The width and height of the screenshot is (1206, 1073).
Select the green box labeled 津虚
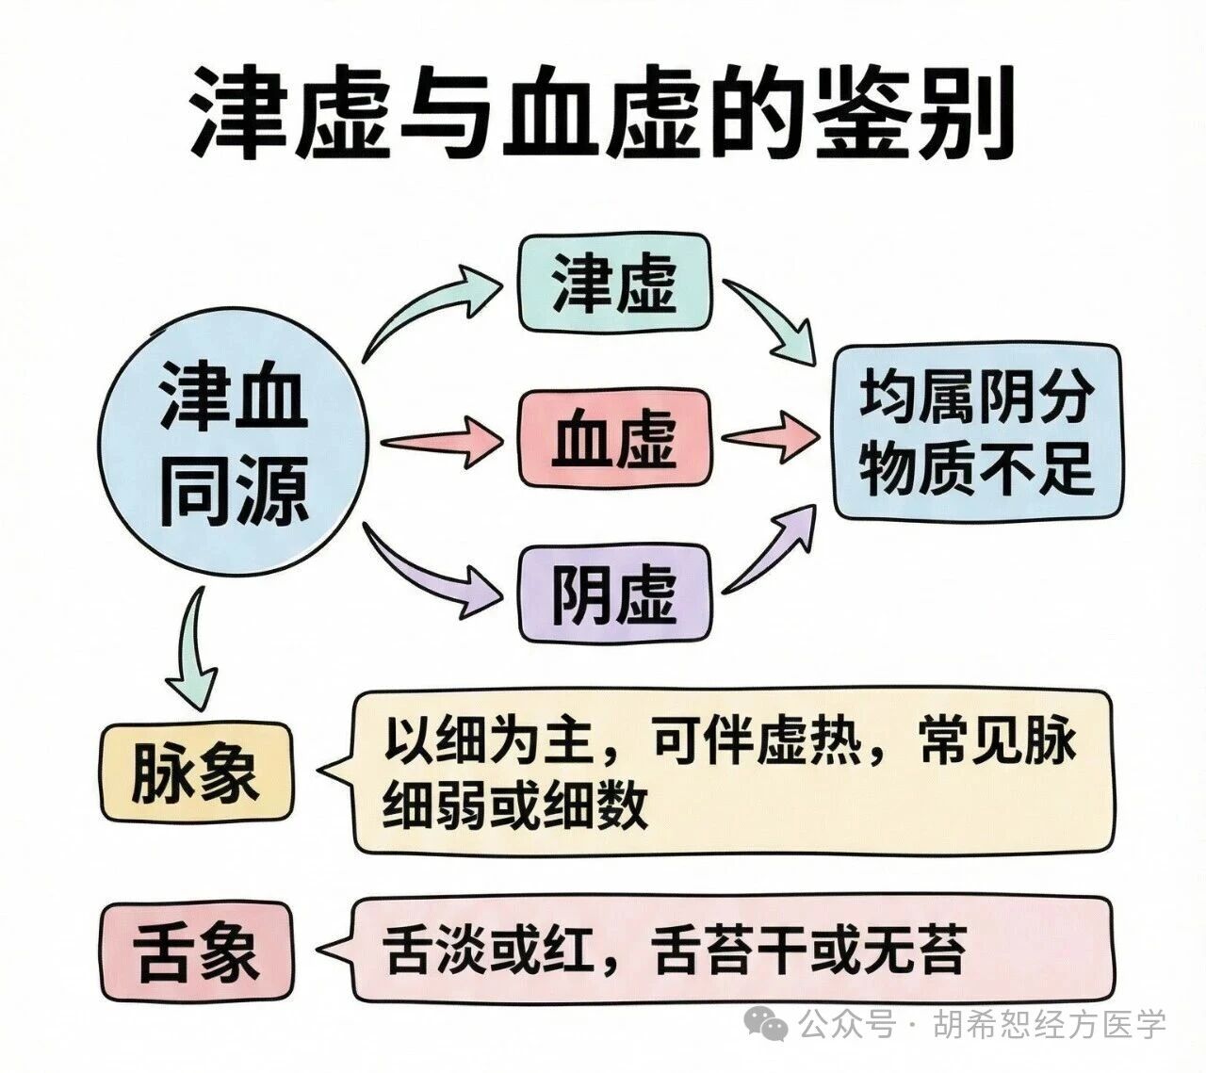[614, 282]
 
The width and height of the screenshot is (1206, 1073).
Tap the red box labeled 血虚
[614, 438]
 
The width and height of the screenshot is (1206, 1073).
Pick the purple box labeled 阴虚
[614, 593]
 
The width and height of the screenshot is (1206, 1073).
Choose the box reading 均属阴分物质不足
[976, 431]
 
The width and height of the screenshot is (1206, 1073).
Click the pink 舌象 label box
[195, 951]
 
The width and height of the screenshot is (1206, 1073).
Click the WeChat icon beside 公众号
[766, 1022]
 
